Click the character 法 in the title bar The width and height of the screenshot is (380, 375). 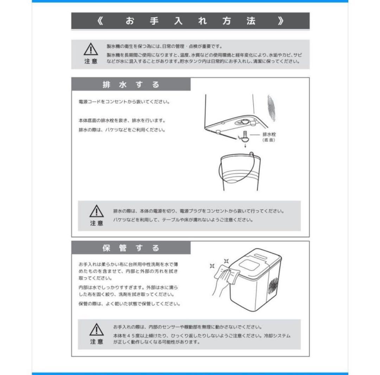(x=251, y=21)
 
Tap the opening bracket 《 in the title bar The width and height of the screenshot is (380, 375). (x=101, y=21)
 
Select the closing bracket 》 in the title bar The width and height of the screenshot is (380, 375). (x=280, y=21)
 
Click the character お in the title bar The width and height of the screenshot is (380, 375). (x=130, y=21)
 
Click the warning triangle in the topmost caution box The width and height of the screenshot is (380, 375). (x=90, y=49)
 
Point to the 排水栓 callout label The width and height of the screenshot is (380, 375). (x=269, y=134)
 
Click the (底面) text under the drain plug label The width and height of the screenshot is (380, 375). (x=269, y=140)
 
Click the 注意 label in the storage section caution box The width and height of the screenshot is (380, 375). (x=96, y=341)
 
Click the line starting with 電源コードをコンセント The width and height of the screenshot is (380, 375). (x=125, y=102)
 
